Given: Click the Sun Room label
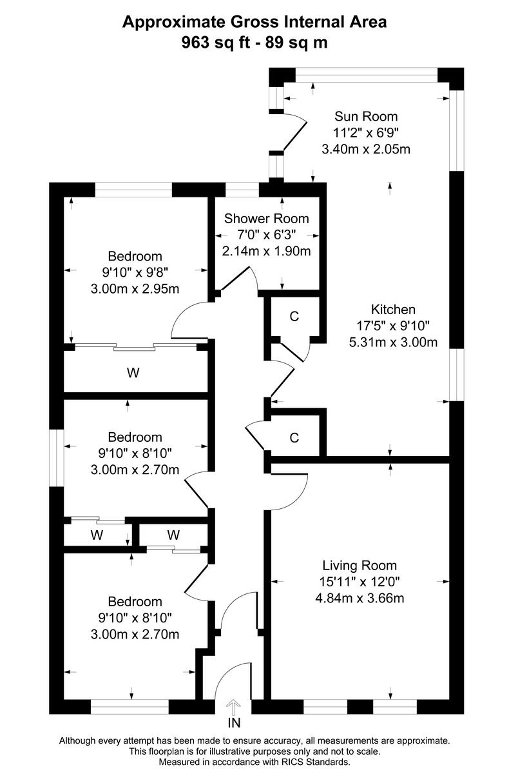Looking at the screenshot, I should coord(366,117).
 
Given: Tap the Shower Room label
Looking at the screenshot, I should coord(266,219).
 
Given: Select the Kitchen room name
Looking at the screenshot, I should coord(393,309).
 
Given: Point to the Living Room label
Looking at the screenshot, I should coord(360,566).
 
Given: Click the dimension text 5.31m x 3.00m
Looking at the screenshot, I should coord(393,342).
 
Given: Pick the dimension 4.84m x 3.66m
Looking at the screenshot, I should coord(360,598).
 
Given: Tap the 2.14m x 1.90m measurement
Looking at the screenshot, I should coord(266,251).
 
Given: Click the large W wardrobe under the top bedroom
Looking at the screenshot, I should coord(134,372).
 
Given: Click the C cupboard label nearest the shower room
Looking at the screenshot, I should coord(294,316).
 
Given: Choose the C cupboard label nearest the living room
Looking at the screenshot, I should coord(294,438).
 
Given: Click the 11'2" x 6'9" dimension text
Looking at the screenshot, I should coord(366,133).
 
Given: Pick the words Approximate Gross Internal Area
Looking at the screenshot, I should coord(254,23).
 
